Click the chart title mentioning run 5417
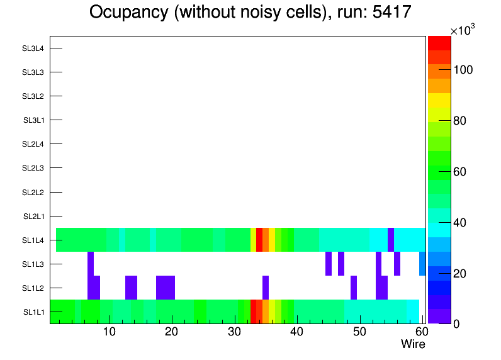[x=250, y=13]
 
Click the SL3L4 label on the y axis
[x=33, y=48]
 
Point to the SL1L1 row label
[x=34, y=312]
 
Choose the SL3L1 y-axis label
[x=34, y=120]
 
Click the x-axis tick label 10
[x=110, y=332]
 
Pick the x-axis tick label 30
[x=234, y=332]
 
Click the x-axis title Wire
[x=413, y=344]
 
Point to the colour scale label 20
[x=461, y=273]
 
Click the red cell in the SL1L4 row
[x=259, y=240]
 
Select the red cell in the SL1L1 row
[x=254, y=312]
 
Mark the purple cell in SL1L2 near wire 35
[x=266, y=288]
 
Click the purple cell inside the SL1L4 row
[x=391, y=240]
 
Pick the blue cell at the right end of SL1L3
[x=422, y=264]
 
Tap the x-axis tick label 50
[x=358, y=332]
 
